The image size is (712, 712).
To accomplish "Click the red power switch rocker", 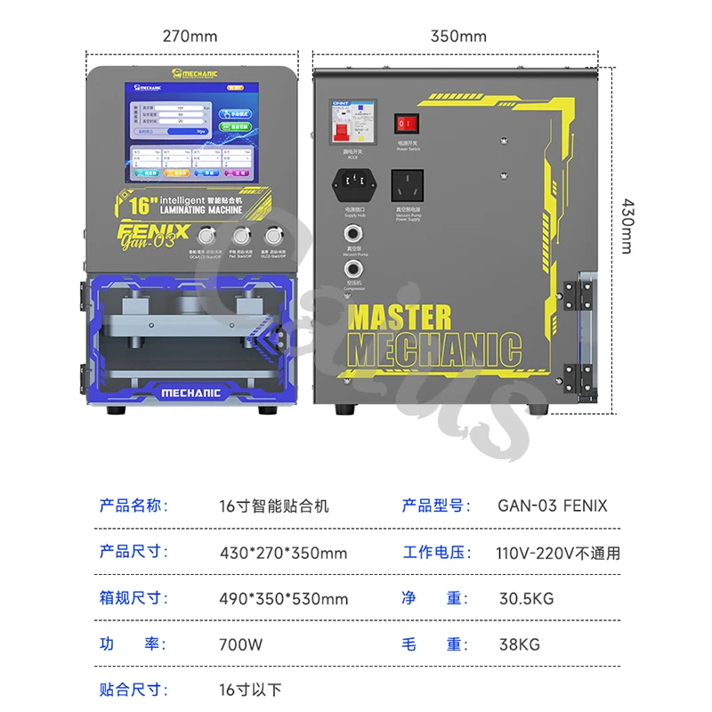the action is [406, 124].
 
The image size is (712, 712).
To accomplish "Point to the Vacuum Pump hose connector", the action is [353, 234].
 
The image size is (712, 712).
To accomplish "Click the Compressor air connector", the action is [353, 269].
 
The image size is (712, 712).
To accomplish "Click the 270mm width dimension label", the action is [190, 36].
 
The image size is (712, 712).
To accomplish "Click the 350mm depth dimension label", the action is [458, 36].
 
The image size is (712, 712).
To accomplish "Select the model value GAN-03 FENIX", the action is [552, 506].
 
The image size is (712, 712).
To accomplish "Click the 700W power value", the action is [240, 644].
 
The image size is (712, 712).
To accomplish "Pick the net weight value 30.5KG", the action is [525, 598].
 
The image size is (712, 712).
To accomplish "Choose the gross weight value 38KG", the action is [518, 644].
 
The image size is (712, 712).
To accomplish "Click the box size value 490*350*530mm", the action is [283, 598].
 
